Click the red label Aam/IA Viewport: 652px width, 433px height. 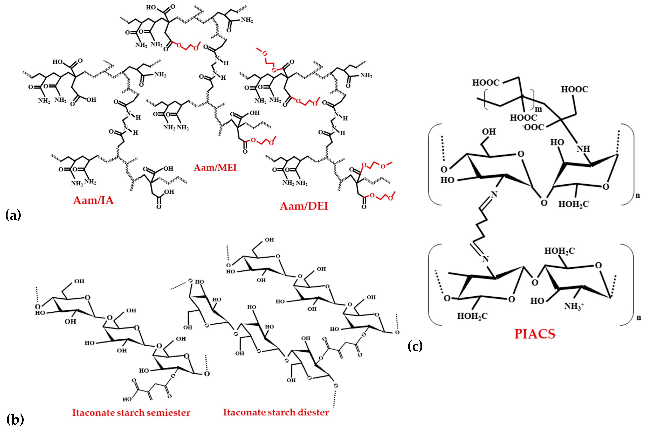93,200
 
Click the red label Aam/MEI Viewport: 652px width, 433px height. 215,168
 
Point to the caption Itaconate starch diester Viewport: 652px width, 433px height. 276,412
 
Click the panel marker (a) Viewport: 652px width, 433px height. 13,215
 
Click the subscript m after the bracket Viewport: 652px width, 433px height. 538,109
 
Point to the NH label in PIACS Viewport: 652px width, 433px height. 583,149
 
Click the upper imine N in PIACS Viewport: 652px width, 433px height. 494,195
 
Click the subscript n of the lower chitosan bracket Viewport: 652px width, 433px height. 639,317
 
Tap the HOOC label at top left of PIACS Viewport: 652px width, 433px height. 486,83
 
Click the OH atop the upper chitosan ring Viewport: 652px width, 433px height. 489,132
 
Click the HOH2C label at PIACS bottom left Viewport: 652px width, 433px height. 472,316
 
